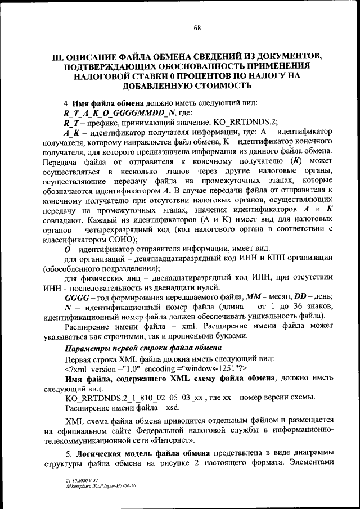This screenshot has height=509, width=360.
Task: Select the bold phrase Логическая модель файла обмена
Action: [144, 454]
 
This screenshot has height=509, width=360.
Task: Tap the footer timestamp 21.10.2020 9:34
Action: [79, 481]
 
